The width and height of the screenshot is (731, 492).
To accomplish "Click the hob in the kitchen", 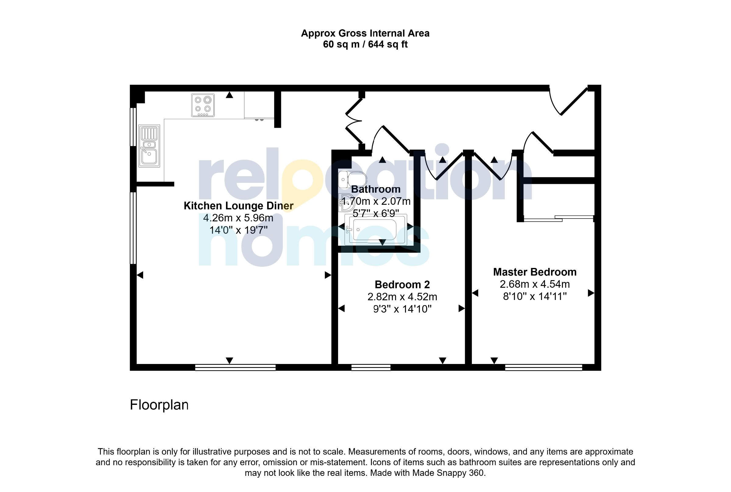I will [x=203, y=105].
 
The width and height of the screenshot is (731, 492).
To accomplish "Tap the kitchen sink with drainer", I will [x=149, y=146].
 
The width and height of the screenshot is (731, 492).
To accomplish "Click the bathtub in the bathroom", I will [x=375, y=230].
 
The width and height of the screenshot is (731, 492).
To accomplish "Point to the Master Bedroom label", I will [x=535, y=272].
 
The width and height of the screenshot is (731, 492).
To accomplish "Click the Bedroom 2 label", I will [x=402, y=284].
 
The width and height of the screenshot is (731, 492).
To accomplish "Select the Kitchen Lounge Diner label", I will [x=238, y=205].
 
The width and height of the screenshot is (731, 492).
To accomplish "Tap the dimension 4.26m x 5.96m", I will [x=238, y=218].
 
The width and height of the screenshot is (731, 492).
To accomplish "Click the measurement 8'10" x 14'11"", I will [x=535, y=296].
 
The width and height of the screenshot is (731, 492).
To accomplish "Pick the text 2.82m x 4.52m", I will [x=402, y=297].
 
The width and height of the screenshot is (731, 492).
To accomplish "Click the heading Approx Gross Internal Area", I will [x=365, y=33].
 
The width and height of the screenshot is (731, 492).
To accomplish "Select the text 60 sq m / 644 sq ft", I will [x=365, y=45].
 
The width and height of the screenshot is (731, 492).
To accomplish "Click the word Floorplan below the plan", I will [x=159, y=405].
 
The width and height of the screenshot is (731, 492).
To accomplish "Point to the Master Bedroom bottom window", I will [x=543, y=367].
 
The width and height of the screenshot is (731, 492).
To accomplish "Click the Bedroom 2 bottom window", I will [x=370, y=367].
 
